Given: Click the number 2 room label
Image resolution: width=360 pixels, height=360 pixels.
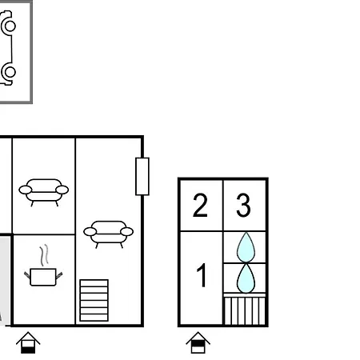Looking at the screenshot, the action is [x=200, y=205].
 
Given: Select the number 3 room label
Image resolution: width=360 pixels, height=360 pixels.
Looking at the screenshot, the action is [x=243, y=205].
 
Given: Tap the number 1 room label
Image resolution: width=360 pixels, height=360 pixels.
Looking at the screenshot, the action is [x=202, y=275].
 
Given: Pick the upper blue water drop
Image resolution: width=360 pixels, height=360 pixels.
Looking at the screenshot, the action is [x=246, y=247].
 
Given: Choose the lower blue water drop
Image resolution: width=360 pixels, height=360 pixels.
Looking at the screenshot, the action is [x=246, y=278].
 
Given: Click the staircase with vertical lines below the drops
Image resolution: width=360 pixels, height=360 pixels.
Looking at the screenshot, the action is [x=245, y=311].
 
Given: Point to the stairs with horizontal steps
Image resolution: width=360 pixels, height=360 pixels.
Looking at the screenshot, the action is [x=94, y=300].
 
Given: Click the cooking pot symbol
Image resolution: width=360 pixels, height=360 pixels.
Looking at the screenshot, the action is [x=43, y=277].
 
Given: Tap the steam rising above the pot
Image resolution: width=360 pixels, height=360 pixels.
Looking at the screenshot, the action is [x=45, y=255].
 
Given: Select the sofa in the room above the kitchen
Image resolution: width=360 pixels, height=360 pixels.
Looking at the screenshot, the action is [x=44, y=192].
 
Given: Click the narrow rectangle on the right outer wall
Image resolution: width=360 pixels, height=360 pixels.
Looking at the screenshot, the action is [x=142, y=176].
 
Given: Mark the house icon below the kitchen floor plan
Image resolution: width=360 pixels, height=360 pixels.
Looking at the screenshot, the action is [x=28, y=343].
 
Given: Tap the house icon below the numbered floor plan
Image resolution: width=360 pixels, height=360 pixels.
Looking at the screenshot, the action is [x=198, y=343].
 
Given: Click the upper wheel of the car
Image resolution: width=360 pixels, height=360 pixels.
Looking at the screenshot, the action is [x=9, y=26].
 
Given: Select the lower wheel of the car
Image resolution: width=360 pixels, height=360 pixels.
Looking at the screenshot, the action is [x=9, y=72].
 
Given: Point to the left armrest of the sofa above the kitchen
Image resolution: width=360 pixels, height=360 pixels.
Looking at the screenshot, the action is [x=26, y=190].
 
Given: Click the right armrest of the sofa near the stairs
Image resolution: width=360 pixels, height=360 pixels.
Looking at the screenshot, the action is [x=127, y=232].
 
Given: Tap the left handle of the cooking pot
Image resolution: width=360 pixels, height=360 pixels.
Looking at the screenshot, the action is [x=27, y=275].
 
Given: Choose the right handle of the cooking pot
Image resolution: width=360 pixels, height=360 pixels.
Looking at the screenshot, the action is [x=59, y=275].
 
